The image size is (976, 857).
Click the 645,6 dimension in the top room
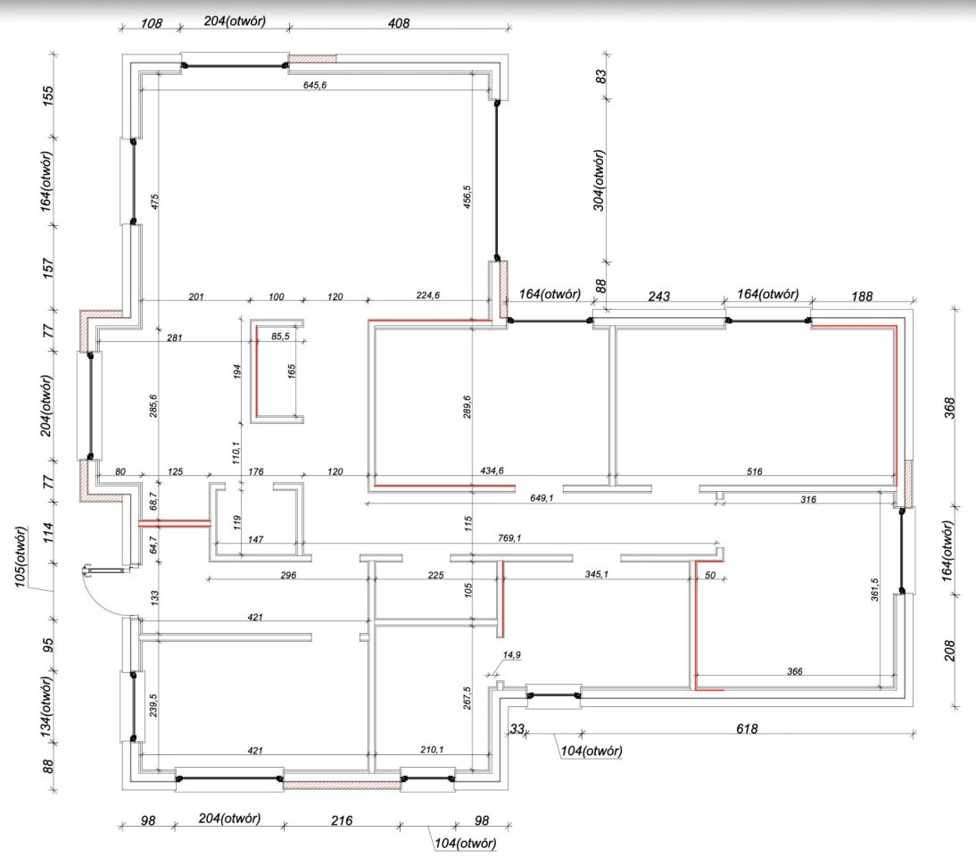click(x=315, y=86)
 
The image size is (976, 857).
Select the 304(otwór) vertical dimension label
click(x=599, y=180)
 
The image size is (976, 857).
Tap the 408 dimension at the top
click(x=399, y=23)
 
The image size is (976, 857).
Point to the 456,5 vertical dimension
click(x=467, y=196)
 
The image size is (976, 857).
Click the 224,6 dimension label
click(x=428, y=295)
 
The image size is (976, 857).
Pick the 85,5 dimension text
click(x=281, y=337)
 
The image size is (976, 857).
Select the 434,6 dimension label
click(x=492, y=470)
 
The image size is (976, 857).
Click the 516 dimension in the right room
click(x=755, y=471)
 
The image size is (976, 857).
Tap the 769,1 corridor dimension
click(x=510, y=538)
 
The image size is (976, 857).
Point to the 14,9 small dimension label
click(x=512, y=654)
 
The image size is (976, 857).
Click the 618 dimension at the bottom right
click(x=747, y=728)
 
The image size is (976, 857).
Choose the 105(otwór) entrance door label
click(x=21, y=556)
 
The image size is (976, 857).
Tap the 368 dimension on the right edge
click(x=950, y=408)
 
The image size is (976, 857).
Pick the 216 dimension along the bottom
click(x=342, y=820)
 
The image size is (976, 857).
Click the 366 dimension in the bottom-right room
click(x=795, y=671)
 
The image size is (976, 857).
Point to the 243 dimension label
click(x=659, y=295)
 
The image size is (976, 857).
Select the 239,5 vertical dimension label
click(x=153, y=705)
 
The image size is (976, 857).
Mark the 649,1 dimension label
click(x=542, y=498)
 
